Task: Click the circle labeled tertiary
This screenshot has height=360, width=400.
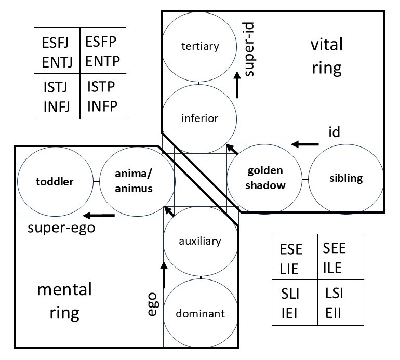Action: tap(199, 46)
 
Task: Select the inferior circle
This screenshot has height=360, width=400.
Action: tap(199, 118)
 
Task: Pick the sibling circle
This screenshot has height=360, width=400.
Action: tap(345, 178)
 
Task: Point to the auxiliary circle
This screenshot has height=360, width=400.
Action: tap(200, 241)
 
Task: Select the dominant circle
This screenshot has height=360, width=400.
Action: tap(200, 313)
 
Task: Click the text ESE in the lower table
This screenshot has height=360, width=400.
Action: tap(291, 249)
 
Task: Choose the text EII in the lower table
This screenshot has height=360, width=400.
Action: tap(334, 314)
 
